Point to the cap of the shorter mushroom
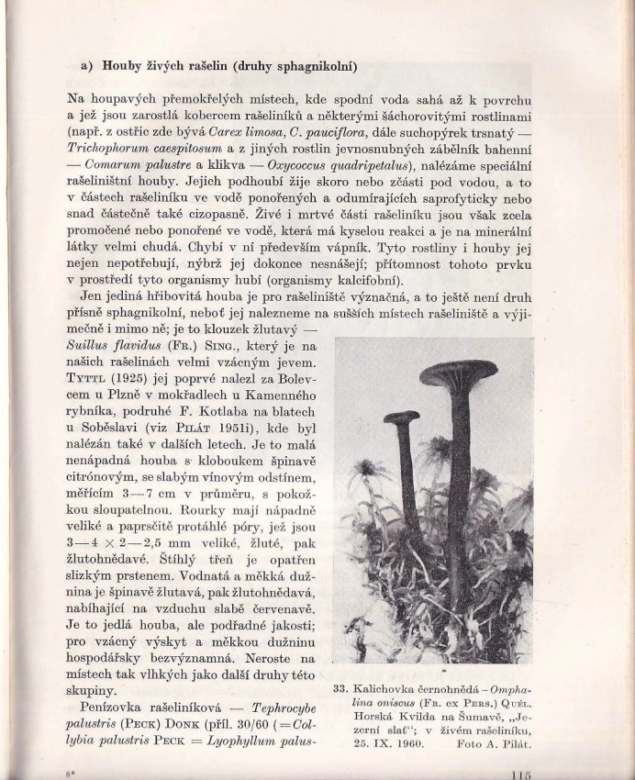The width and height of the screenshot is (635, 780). [401, 418]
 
